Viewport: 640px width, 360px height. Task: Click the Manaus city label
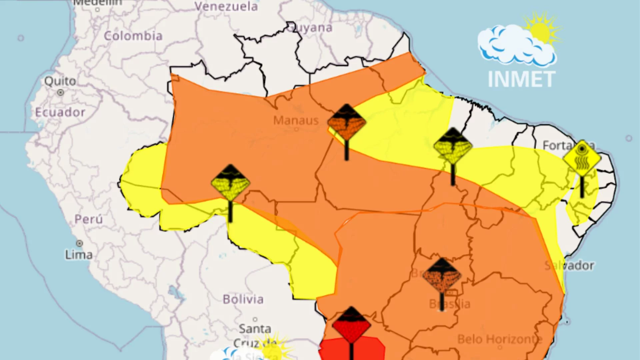pos(296,120)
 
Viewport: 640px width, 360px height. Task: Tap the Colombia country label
pos(133,36)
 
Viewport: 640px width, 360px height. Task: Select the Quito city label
pos(60,81)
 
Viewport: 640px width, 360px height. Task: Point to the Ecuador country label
pos(60,112)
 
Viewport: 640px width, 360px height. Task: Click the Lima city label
pos(79,255)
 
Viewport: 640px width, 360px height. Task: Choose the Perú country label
pos(88,219)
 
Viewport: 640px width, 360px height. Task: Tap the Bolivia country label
pos(243,299)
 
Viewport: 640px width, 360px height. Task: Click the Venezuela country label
pos(226,6)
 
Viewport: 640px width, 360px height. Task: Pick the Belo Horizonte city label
pos(500,339)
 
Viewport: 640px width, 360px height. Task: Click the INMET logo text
pos(521,79)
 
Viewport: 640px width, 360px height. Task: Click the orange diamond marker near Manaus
pos(347,122)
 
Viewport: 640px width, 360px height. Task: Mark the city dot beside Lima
pos(80,244)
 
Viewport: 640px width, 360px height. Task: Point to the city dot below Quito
pos(60,92)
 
